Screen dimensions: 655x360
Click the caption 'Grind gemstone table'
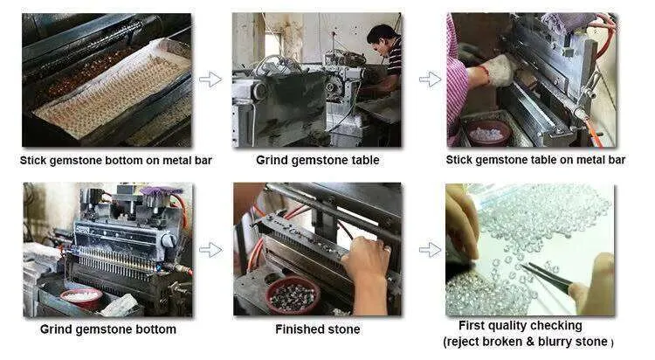coord(318,160)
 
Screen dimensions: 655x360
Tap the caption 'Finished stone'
coord(318,329)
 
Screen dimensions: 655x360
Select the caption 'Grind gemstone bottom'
coord(108,329)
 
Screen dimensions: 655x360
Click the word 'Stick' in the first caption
coord(33,160)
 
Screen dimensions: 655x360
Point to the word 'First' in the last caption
coord(472,325)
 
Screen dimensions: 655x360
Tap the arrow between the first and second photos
coord(210,79)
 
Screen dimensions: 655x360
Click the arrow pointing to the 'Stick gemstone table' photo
coord(430,79)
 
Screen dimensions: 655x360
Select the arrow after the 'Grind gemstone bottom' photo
coord(210,250)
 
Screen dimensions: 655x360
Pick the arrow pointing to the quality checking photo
coord(430,250)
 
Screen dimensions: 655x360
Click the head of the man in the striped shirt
coord(383,39)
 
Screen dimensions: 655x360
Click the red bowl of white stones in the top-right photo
coord(488,133)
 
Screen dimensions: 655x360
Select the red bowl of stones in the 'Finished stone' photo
coord(293,295)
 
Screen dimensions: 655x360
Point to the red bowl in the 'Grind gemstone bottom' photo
coord(82,297)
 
